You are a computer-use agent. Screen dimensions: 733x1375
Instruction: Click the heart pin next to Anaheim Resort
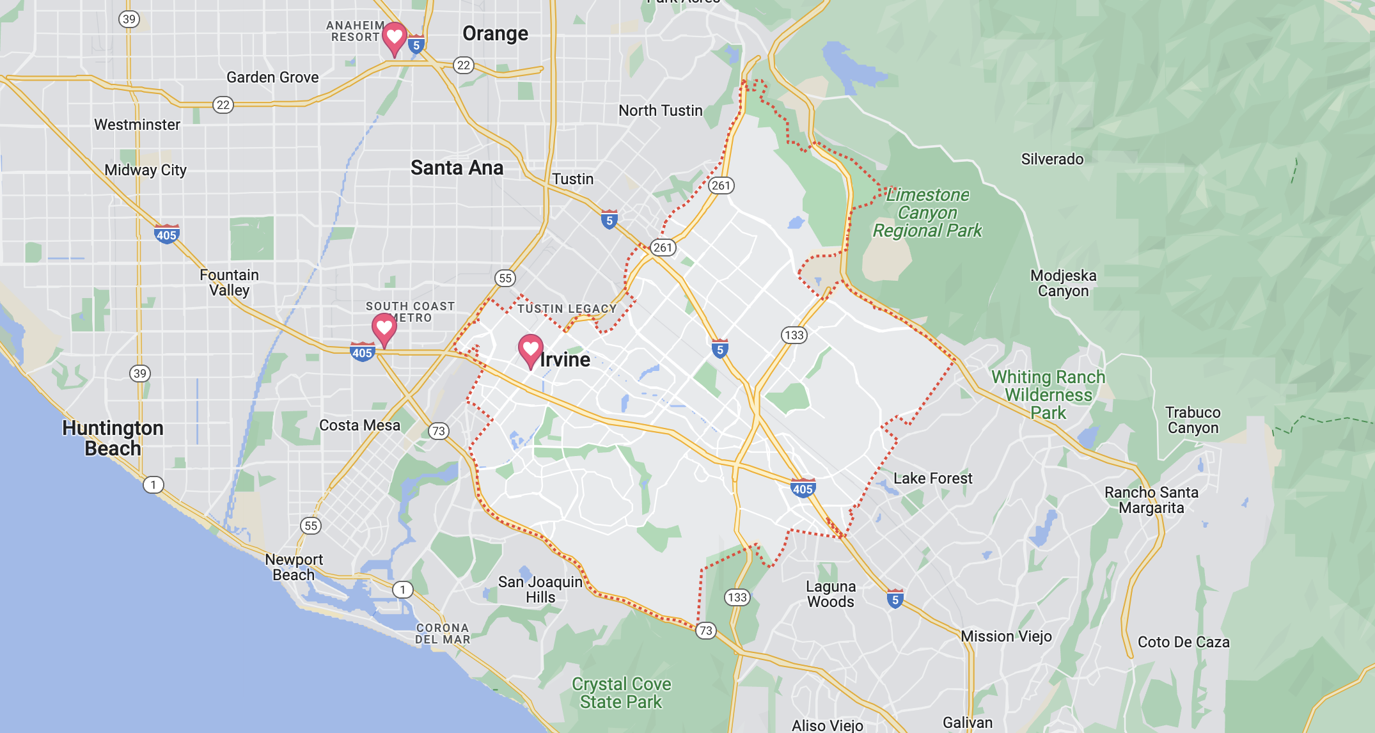coord(395,37)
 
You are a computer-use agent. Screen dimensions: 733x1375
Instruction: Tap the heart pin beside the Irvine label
coord(530,349)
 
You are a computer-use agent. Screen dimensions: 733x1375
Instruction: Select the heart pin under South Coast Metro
coord(384,328)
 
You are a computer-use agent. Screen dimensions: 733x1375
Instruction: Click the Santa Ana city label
coord(457,168)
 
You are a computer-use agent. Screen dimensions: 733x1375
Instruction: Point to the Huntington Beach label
coord(113,438)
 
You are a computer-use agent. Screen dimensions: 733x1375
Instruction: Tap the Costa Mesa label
coord(359,425)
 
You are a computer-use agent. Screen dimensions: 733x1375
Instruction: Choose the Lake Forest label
coord(932,478)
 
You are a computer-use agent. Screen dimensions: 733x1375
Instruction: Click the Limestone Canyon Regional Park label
coord(927,212)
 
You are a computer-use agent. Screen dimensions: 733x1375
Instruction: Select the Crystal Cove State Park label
coord(621,693)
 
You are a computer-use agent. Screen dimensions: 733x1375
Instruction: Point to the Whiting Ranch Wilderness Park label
coord(1048,395)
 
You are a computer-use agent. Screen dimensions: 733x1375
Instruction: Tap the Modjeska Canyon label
coord(1063,283)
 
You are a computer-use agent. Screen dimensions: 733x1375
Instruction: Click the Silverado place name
coord(1052,159)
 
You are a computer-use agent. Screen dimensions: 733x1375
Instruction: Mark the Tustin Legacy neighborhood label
coord(567,309)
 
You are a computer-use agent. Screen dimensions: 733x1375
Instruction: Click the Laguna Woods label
coord(830,594)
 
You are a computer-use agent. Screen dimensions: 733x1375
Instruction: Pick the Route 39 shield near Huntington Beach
coord(140,374)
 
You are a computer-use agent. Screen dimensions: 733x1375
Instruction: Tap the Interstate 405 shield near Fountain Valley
coord(166,234)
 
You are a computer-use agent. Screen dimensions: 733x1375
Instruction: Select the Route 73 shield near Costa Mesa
coord(438,431)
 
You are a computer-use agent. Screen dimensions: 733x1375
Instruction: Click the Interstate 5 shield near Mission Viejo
coord(895,599)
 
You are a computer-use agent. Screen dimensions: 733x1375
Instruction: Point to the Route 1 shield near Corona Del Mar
coord(402,590)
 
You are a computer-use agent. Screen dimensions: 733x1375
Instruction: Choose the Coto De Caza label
coord(1183,642)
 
